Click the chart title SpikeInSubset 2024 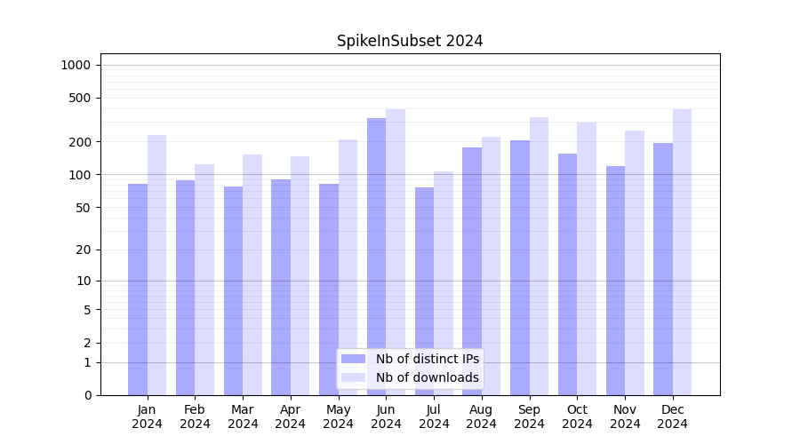click(410, 41)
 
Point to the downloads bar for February click(204, 279)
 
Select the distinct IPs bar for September click(520, 267)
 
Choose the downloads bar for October click(587, 258)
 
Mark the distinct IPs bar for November click(615, 280)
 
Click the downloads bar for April click(300, 275)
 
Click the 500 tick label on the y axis click(80, 98)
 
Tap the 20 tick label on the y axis click(84, 250)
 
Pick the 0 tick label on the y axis click(87, 395)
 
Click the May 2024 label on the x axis click(338, 416)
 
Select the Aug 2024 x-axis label click(481, 416)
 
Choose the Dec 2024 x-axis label click(672, 416)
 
